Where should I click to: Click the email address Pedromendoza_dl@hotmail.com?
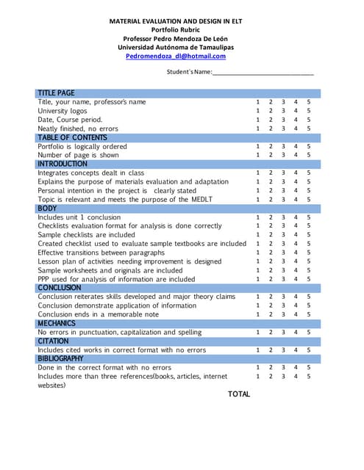tap(176, 56)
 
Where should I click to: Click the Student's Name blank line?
tap(263, 73)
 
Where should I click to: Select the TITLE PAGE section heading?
tap(56, 93)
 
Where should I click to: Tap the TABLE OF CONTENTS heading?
tap(72, 137)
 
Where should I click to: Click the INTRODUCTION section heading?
tap(63, 164)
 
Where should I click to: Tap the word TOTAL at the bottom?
tap(239, 394)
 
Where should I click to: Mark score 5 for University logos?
tap(309, 111)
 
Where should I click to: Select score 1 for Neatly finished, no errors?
tap(257, 129)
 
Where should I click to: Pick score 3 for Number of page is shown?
tap(283, 155)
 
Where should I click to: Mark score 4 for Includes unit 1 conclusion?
tap(296, 217)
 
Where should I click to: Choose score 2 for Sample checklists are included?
tap(271, 235)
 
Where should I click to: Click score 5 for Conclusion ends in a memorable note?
tap(309, 314)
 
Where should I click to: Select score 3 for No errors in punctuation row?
tap(283, 333)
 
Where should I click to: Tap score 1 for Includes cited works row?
tap(257, 350)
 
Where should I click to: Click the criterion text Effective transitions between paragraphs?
tap(101, 253)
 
